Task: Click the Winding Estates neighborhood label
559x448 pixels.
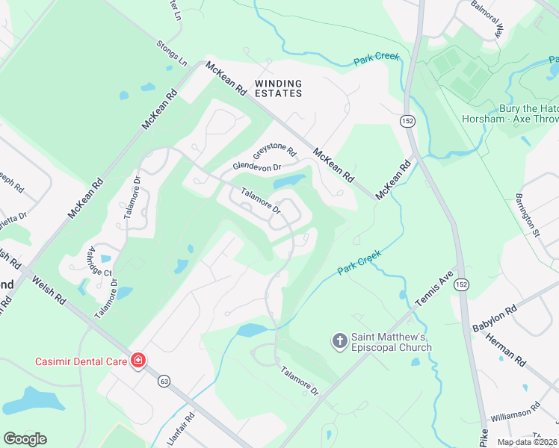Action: point(278,88)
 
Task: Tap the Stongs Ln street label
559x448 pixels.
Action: point(171,53)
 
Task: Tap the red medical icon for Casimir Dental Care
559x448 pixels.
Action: point(138,361)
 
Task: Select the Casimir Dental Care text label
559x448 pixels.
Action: point(81,361)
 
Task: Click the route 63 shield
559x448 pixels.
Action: point(164,381)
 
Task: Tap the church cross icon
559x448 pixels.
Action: point(339,341)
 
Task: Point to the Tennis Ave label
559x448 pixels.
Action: point(435,289)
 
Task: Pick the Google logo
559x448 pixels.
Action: point(25,439)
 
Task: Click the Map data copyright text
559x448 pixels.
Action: point(527,442)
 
